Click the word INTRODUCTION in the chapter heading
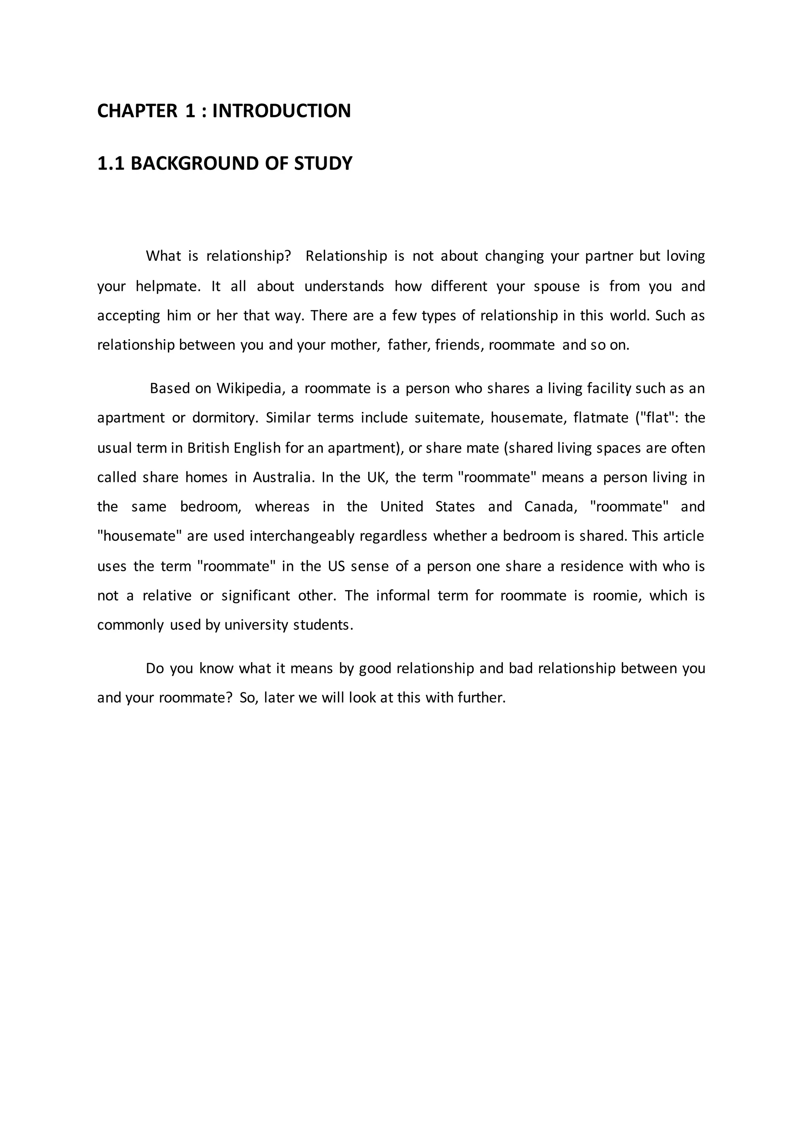coord(282,111)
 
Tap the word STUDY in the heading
coord(323,163)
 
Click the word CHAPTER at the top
coord(137,111)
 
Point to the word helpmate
coord(168,287)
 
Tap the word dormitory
coord(225,418)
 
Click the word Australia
coord(284,478)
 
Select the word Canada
coord(550,507)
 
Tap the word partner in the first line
coord(609,257)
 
